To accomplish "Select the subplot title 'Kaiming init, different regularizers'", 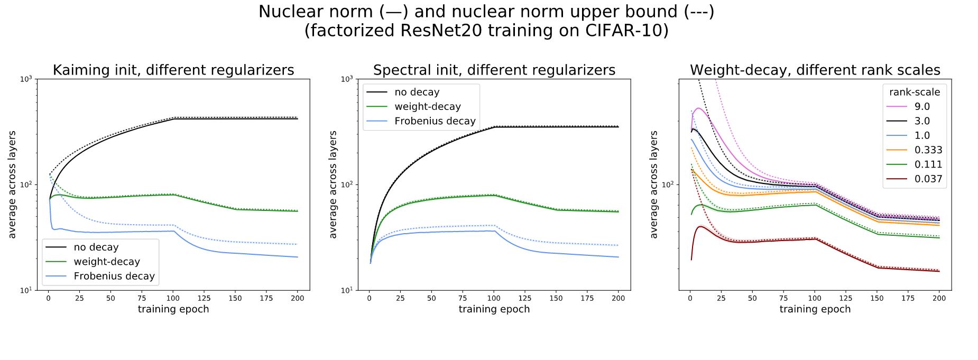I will coord(173,70).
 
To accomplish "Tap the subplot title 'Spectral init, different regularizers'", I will coord(494,70).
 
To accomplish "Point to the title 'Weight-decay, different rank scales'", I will coord(815,70).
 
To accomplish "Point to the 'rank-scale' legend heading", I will coord(915,92).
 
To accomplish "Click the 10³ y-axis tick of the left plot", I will coord(26,79).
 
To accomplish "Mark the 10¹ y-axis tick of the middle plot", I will coord(347,290).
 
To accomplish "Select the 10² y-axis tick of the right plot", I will coord(668,184).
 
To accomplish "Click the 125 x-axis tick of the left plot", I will coord(204,298).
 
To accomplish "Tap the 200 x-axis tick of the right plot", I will coord(939,298).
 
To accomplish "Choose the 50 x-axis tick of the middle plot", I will coord(431,298).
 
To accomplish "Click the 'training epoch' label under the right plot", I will coord(815,309).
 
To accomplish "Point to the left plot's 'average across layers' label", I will coord(12,184).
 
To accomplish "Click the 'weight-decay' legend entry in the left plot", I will coord(107,262).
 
